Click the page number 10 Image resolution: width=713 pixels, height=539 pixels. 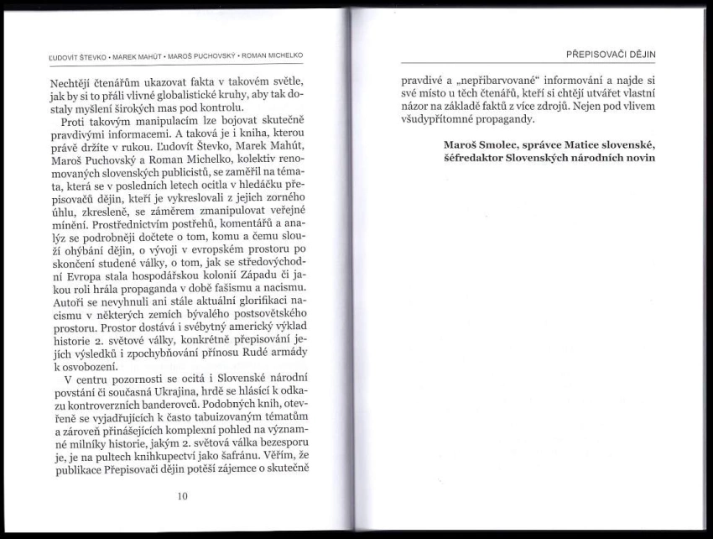[x=183, y=495]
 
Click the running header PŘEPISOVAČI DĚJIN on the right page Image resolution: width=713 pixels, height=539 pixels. [x=611, y=54]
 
